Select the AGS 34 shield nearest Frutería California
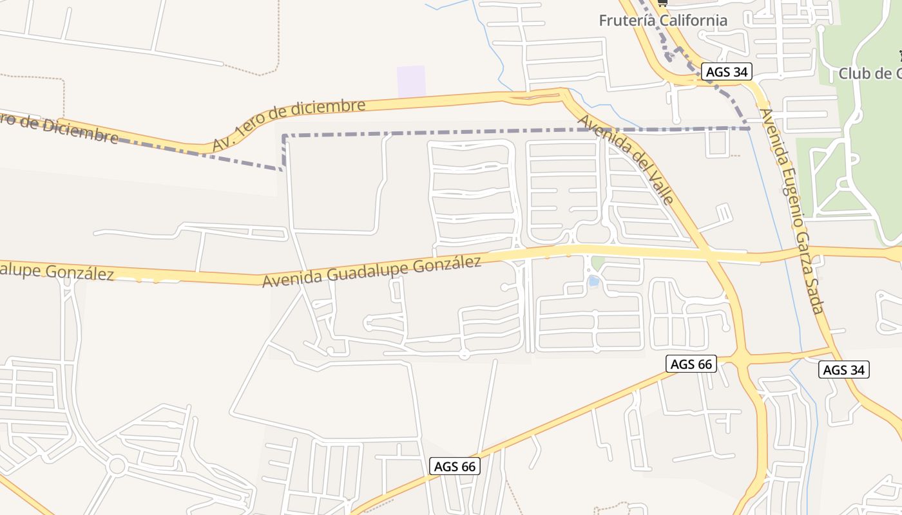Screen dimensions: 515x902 pyautogui.click(x=727, y=72)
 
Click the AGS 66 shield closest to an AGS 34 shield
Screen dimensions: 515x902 pyautogui.click(x=691, y=364)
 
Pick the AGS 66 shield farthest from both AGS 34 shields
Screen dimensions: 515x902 pyautogui.click(x=455, y=466)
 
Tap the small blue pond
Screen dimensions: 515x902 pyautogui.click(x=593, y=281)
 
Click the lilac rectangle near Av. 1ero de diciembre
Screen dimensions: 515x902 pyautogui.click(x=411, y=81)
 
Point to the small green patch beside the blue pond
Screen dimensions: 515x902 pyautogui.click(x=599, y=263)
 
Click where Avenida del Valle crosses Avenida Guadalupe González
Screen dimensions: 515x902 pyautogui.click(x=707, y=255)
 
